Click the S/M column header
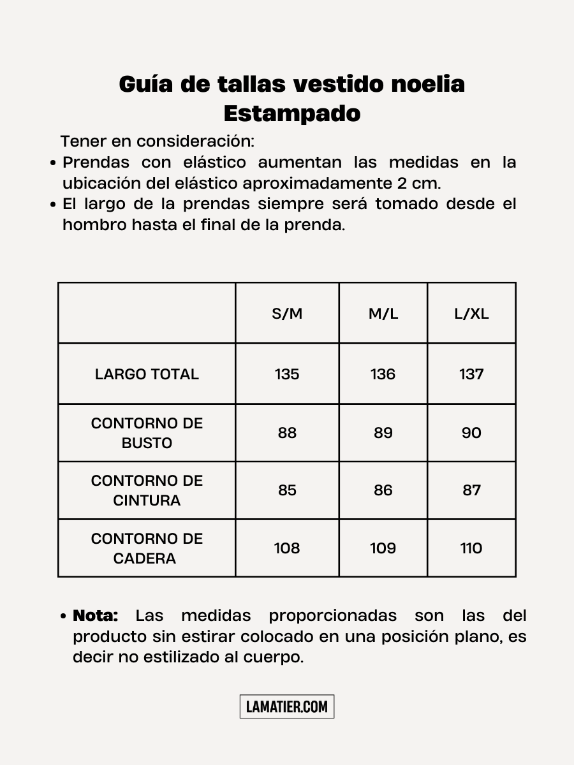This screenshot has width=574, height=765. [287, 314]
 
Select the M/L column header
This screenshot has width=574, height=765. [383, 314]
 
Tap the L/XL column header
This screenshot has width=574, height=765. [471, 314]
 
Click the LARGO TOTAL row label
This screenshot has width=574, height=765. [147, 374]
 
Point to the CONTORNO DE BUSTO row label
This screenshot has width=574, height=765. [147, 433]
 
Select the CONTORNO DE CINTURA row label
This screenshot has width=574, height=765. [147, 490]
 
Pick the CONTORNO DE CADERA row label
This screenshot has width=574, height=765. [147, 548]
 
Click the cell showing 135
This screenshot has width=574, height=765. [287, 374]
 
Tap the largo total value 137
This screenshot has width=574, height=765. [471, 374]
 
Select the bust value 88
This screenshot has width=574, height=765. [287, 433]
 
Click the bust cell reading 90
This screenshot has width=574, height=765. [471, 433]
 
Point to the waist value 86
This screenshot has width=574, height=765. [383, 490]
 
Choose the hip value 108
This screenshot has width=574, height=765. [287, 548]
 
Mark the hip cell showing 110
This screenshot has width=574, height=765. [471, 548]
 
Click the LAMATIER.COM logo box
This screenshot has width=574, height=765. [287, 706]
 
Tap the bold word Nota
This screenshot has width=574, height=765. [96, 616]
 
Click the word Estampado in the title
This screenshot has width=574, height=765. [292, 113]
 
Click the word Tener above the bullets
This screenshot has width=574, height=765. [84, 141]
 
